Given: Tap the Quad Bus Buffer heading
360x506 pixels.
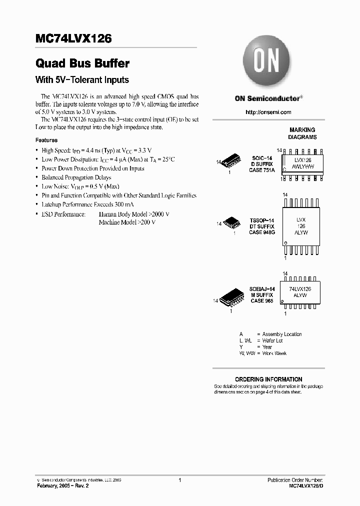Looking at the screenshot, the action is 82,63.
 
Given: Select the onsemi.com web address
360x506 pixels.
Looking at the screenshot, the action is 268,112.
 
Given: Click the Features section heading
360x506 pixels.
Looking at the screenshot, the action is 46,140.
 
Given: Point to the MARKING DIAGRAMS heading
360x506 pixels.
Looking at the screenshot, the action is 302,133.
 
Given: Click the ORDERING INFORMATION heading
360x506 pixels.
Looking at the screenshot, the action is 268,379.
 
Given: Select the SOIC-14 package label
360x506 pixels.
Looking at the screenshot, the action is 261,158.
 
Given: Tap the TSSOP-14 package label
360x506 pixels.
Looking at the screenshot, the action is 262,220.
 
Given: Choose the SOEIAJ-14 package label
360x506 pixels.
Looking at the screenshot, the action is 262,289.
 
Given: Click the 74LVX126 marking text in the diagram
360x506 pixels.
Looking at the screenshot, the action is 300,289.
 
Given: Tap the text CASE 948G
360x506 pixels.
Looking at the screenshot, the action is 262,232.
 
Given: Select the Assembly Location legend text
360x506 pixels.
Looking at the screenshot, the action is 282,334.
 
